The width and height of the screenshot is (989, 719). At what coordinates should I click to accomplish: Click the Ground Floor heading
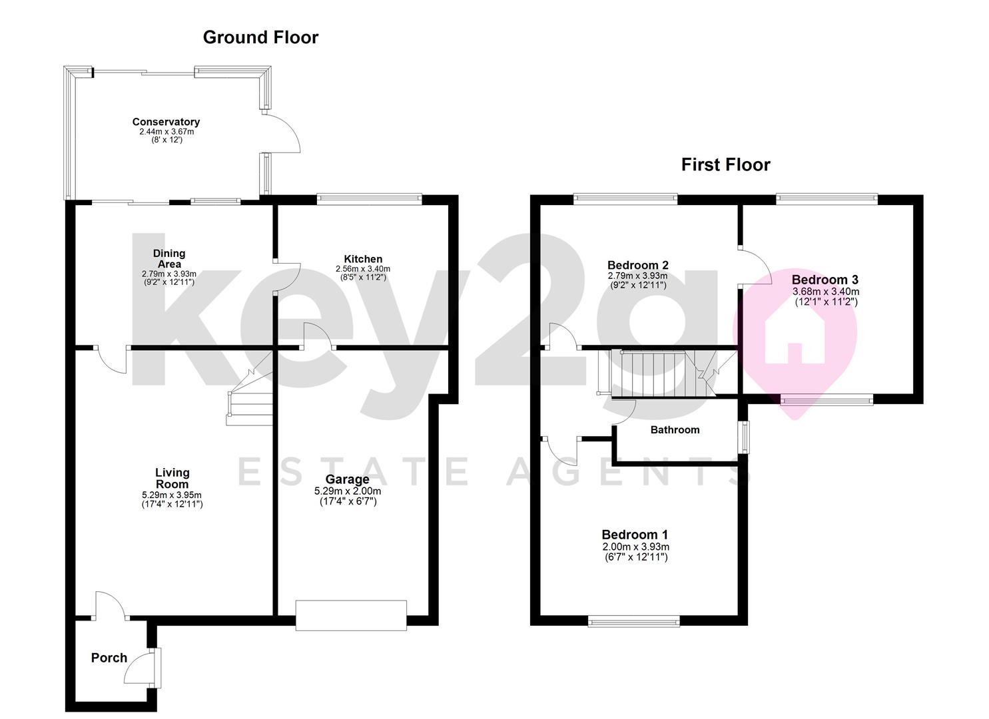point(260,37)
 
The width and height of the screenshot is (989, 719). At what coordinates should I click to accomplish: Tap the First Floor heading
point(725,164)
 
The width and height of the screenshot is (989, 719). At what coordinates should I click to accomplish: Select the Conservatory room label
point(166,122)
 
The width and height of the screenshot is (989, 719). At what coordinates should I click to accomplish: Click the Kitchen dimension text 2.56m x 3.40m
point(363,269)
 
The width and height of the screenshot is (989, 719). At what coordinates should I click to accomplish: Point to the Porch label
point(109,658)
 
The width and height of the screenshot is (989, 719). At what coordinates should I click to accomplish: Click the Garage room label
point(348,479)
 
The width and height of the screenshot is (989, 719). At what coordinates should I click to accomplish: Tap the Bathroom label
point(675,430)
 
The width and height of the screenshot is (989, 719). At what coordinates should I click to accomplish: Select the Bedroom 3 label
point(824,280)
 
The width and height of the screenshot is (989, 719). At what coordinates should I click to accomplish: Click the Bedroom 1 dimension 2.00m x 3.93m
point(636,547)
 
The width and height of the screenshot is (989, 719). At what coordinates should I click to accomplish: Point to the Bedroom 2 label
point(638,265)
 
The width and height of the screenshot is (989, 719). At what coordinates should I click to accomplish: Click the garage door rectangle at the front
point(351,615)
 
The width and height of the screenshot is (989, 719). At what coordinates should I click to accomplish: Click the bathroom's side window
point(746,437)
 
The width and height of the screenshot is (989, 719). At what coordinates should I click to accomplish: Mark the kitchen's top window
point(370,199)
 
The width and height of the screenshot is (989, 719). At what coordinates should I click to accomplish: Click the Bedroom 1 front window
point(634,621)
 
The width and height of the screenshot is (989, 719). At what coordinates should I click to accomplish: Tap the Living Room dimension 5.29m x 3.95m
point(172,495)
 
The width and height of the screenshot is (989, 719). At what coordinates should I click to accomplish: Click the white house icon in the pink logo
point(795,336)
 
